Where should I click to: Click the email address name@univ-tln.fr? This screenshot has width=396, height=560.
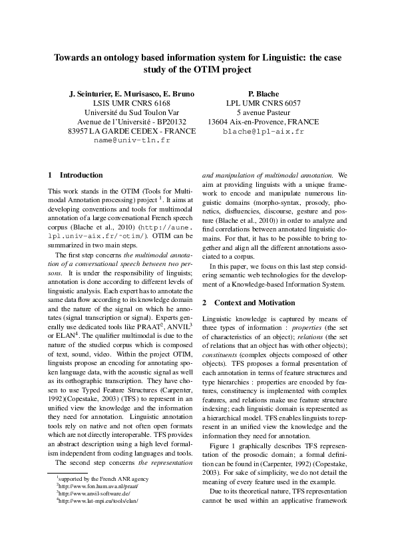coord(132,141)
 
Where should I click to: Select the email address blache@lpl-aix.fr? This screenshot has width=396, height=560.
coord(263,132)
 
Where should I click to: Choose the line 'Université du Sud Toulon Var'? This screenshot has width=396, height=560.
coord(132,112)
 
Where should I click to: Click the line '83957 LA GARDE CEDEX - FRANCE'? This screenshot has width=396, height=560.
coord(132,131)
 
